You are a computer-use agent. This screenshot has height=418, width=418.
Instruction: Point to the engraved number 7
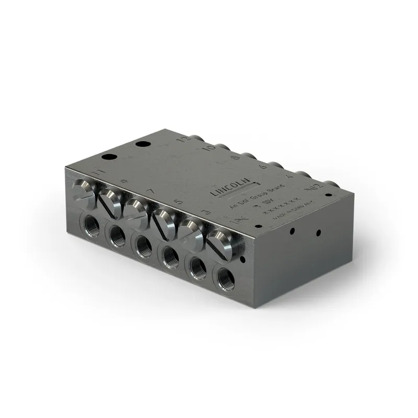tap(150, 192)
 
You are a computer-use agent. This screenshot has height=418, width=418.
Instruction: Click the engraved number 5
tap(178, 201)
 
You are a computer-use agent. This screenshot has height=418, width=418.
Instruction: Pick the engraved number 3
tap(206, 212)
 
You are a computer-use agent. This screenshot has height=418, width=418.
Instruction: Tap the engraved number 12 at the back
tap(182, 140)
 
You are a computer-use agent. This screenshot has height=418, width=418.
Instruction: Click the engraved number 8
tap(235, 157)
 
